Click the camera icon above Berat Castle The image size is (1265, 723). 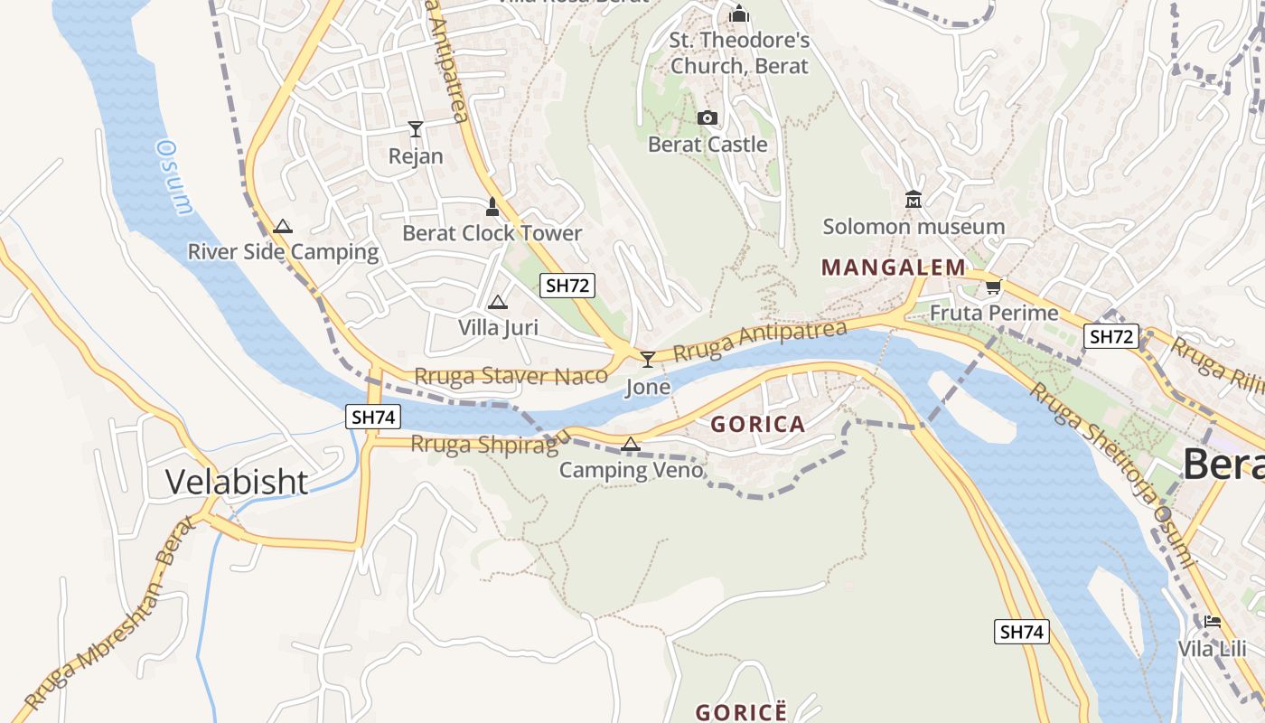click(x=707, y=117)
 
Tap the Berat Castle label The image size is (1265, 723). click(x=707, y=145)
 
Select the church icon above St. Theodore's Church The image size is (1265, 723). click(x=739, y=14)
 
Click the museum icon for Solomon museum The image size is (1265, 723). click(x=913, y=199)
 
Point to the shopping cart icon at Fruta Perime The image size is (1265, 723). click(x=993, y=286)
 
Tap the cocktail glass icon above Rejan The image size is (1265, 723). click(x=416, y=129)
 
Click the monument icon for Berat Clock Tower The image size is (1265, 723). click(x=492, y=207)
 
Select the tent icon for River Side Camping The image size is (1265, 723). click(x=283, y=226)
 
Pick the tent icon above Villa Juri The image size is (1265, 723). click(x=497, y=302)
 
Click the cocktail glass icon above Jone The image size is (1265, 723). click(x=647, y=360)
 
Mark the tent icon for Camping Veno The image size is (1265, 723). click(x=631, y=444)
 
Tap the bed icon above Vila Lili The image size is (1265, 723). click(x=1212, y=622)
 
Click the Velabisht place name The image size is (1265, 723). click(x=237, y=482)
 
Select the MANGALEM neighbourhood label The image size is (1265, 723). click(x=894, y=268)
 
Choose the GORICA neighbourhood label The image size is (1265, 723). click(x=757, y=424)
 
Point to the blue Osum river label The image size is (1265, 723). click(x=174, y=176)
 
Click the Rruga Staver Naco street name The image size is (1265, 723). click(x=511, y=376)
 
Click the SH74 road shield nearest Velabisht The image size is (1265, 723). click(x=373, y=417)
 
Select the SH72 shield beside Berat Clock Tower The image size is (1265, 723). click(x=567, y=286)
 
